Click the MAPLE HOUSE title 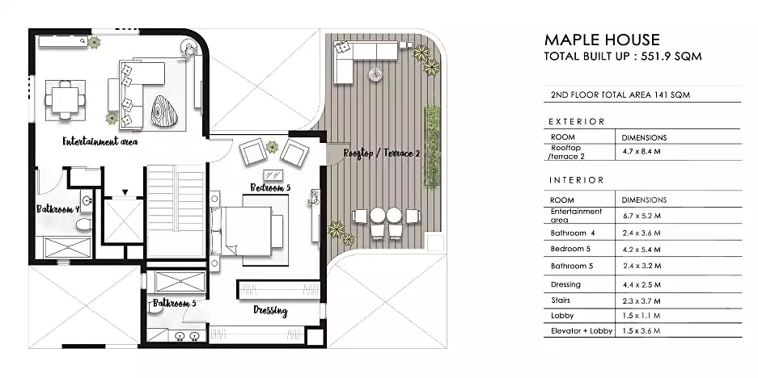[602, 40]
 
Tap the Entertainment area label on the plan [100, 141]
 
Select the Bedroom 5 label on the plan [270, 187]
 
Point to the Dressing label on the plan [271, 311]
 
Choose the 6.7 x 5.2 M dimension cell [642, 216]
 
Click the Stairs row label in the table [561, 300]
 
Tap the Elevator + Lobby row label [582, 331]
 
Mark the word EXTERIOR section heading [577, 122]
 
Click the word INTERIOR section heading [577, 180]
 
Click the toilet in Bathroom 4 [84, 224]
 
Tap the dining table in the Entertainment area [65, 100]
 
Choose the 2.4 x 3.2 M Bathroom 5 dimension [642, 266]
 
